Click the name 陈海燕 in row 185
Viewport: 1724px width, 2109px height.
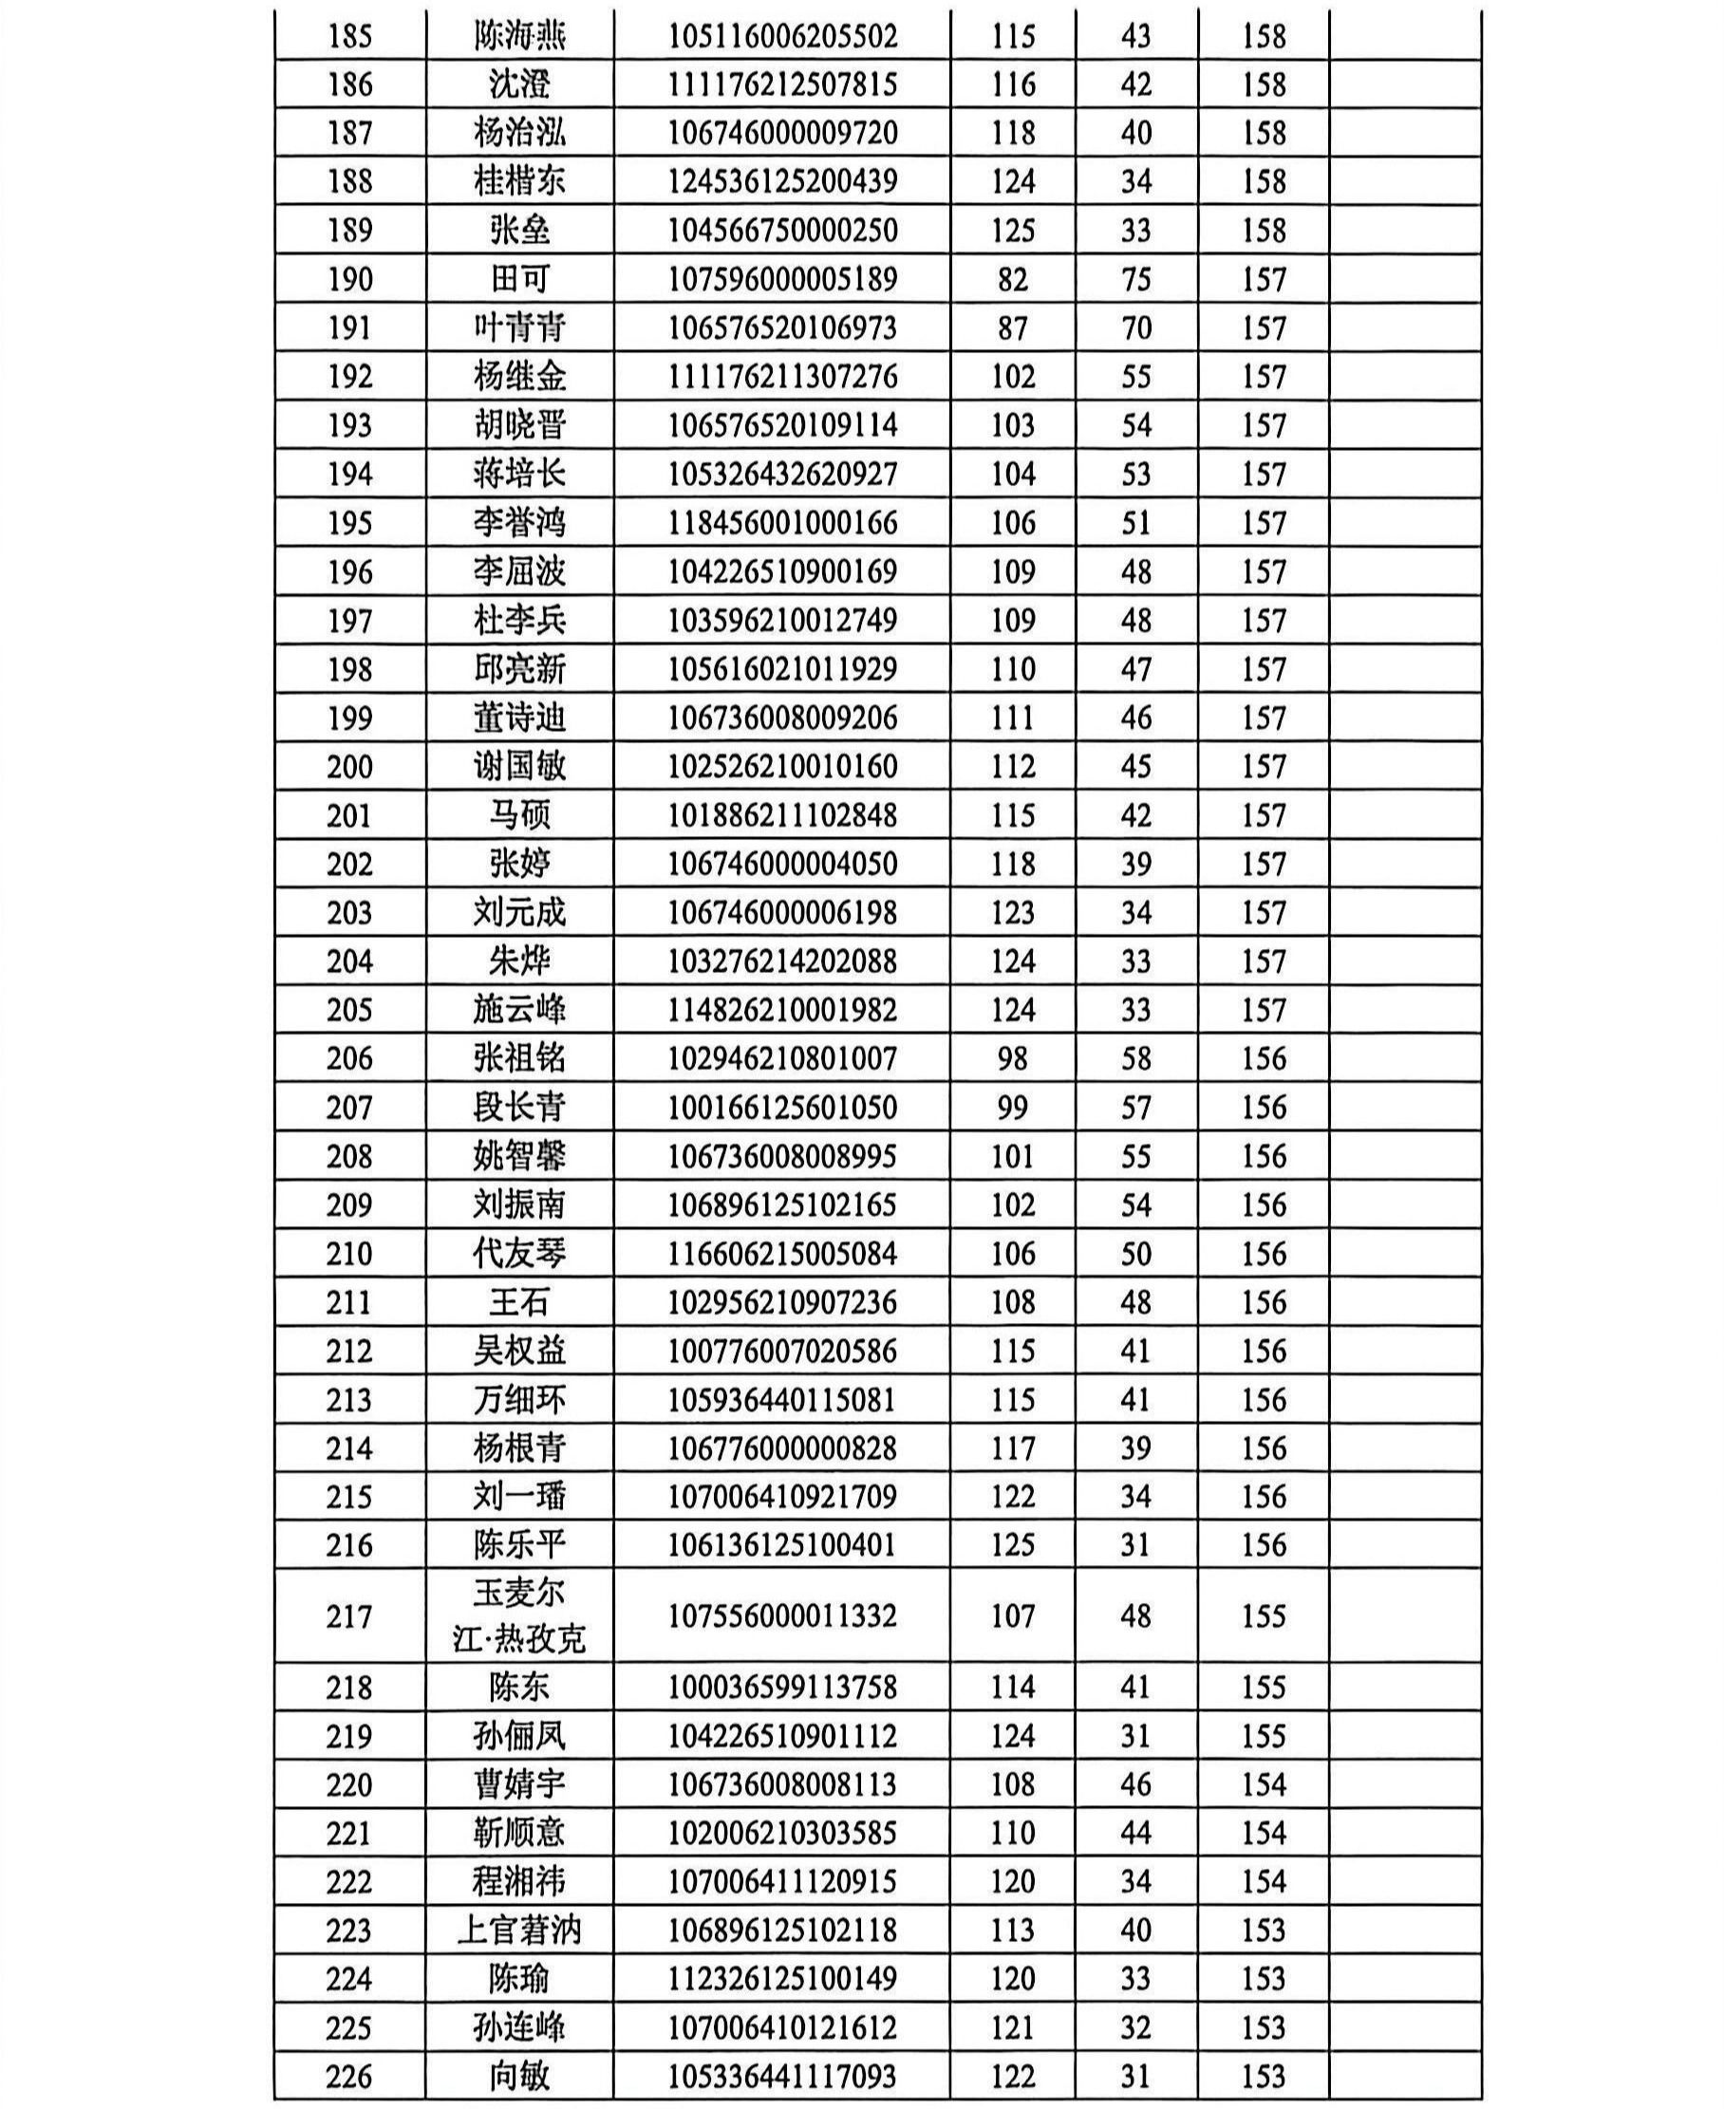click(x=519, y=37)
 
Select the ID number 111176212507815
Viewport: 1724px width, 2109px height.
click(x=781, y=84)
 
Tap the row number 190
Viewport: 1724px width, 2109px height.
click(x=349, y=279)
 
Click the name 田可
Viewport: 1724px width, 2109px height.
click(x=519, y=279)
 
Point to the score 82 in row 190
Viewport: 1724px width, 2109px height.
click(x=1012, y=279)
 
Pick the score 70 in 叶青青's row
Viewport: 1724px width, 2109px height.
click(x=1135, y=327)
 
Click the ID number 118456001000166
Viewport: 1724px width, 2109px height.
click(x=781, y=523)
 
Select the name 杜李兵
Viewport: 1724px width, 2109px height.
click(x=519, y=621)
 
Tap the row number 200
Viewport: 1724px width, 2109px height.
click(x=349, y=767)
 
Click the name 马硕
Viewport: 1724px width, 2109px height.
click(x=519, y=815)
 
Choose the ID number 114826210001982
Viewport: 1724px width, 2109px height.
click(x=781, y=1010)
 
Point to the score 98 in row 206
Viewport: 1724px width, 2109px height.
click(x=1012, y=1058)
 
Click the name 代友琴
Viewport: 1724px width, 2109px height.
click(x=519, y=1253)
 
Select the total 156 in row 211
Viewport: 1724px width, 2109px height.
click(x=1264, y=1301)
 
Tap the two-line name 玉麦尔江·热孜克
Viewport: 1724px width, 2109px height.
click(x=519, y=1616)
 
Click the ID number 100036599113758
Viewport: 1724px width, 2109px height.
click(x=781, y=1687)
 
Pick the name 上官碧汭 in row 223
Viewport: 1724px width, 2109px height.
click(x=519, y=1931)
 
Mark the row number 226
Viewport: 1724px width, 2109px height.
click(x=348, y=2076)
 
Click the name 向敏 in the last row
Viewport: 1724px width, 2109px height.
click(x=519, y=2076)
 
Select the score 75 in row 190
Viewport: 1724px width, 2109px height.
click(x=1135, y=279)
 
